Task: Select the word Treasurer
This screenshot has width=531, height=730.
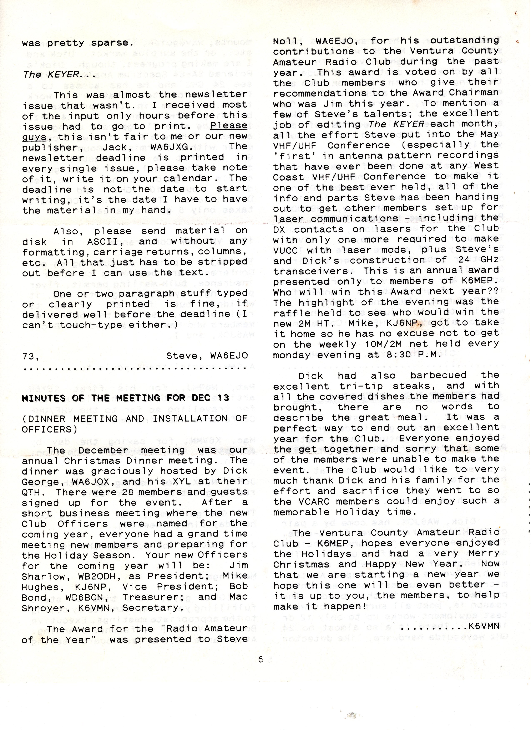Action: point(153,597)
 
